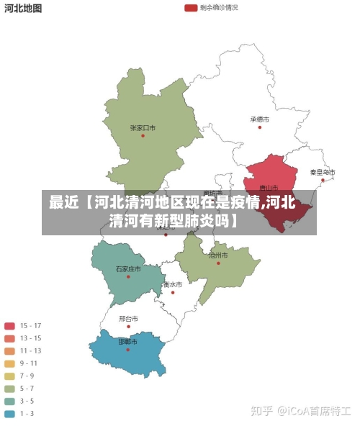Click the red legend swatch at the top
tap(191, 8)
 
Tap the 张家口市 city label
tap(143, 127)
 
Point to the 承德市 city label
tap(259, 119)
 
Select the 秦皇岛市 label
tap(323, 172)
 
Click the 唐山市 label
tap(269, 189)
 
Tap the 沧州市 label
tap(218, 255)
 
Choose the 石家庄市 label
tap(128, 268)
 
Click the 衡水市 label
tap(172, 284)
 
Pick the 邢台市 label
tap(128, 318)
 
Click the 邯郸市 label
tap(128, 341)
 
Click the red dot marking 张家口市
tap(143, 135)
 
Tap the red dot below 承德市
tap(259, 127)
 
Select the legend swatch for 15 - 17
tap(10, 325)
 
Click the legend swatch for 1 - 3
tap(10, 414)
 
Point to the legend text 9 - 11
tap(30, 363)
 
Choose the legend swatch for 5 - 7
tap(10, 389)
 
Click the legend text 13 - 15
tap(30, 338)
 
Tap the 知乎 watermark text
tap(261, 411)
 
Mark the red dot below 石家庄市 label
tap(128, 276)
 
